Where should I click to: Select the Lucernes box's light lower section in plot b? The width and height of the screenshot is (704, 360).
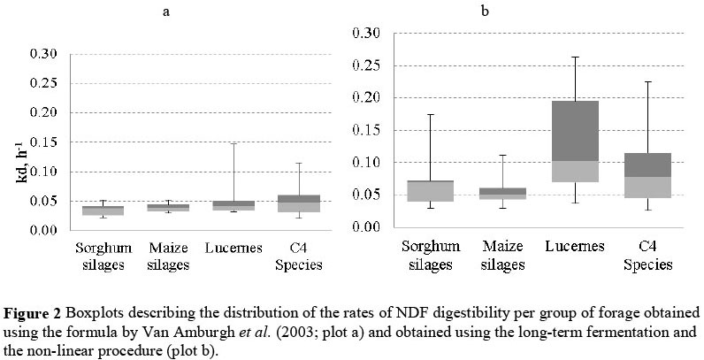[575, 172]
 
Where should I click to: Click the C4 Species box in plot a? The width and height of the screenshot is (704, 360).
[297, 203]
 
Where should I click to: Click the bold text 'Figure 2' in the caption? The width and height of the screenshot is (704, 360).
[27, 313]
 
